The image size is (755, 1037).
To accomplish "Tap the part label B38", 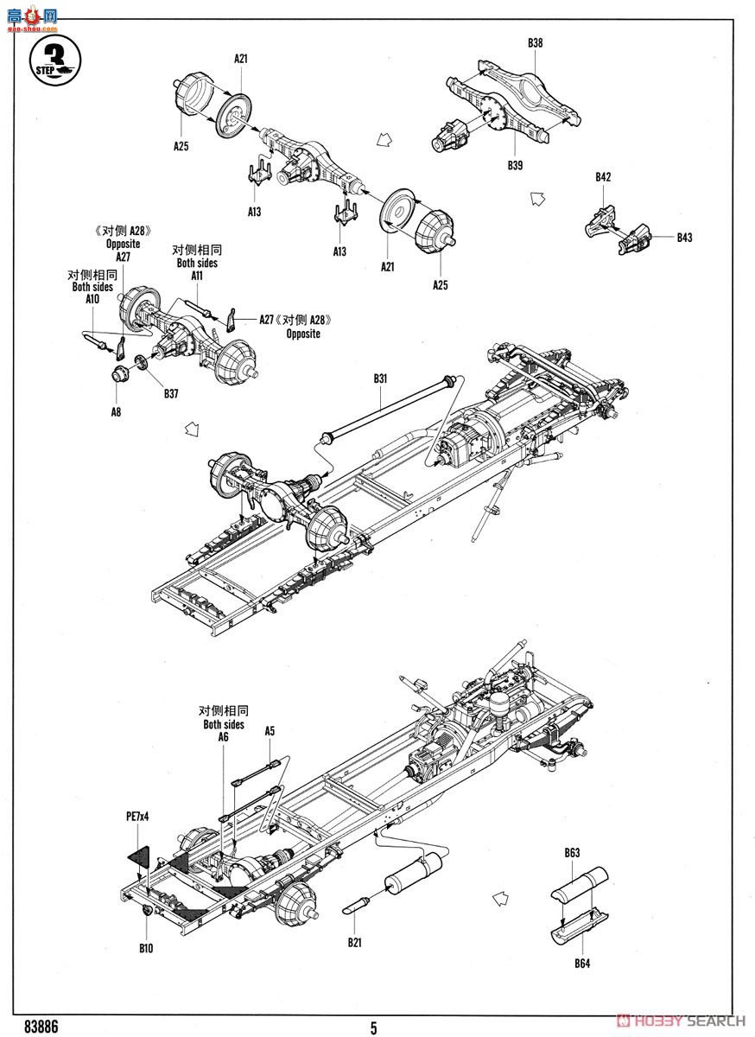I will coord(535,41).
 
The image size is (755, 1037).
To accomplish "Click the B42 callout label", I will coord(603,177).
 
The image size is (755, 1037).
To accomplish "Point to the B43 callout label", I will coord(684,237).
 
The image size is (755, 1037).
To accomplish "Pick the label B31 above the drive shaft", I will coord(382,379).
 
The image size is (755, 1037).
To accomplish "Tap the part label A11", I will coord(197,276).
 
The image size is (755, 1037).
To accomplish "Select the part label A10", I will coord(92,299).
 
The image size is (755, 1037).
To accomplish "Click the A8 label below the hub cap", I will coord(116,412).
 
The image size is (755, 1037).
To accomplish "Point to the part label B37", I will coord(171,395).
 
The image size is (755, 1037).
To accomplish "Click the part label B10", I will coord(145,948).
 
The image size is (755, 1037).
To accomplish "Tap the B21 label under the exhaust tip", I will coord(355,942).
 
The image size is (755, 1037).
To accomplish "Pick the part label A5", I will coord(270,731).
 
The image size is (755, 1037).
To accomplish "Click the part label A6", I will coord(223,737).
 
